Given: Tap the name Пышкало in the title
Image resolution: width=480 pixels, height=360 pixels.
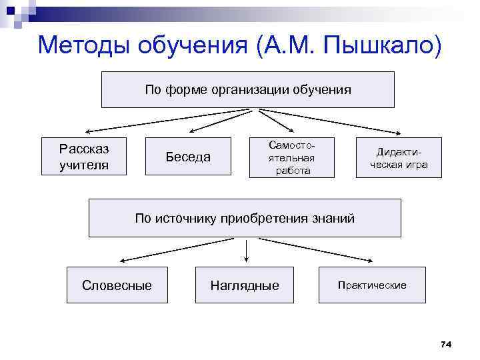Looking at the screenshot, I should coord(382,45).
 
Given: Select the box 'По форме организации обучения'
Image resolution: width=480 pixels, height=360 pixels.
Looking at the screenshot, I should coord(247,89).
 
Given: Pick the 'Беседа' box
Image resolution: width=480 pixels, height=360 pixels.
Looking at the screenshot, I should coord(188,157).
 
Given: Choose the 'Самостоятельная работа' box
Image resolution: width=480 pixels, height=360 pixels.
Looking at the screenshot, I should coord(291,158).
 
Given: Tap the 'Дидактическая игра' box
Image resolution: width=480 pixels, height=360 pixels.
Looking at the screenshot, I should coord(399,158).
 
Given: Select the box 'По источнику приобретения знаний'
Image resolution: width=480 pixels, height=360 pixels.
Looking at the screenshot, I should coord(245,218).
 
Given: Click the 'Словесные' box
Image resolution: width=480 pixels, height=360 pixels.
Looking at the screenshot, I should coord(117,285).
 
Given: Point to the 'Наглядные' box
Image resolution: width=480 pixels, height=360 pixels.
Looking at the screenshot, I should coord(245,285).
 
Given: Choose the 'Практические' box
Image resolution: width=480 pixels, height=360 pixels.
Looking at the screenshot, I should coord(371,285).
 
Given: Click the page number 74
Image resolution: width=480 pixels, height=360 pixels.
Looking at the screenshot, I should coord(446,344).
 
